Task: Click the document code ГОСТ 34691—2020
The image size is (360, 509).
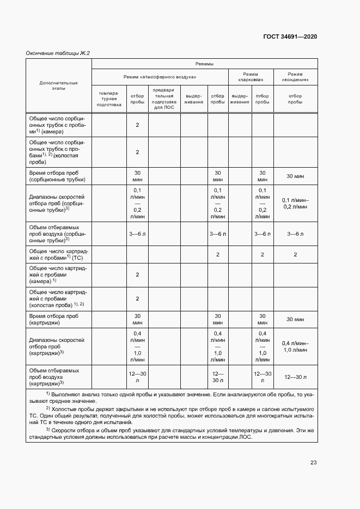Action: coord(289,37)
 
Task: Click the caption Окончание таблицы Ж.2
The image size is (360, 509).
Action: coord(58,53)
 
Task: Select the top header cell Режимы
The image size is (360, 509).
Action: coord(204,64)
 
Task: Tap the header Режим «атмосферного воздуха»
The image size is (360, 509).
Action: coord(160,77)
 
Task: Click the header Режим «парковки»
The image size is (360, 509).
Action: coord(250,77)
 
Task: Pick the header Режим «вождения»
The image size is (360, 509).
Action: coord(295,77)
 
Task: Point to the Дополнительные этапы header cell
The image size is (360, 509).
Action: coord(58,85)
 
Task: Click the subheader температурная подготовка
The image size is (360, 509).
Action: coord(109,99)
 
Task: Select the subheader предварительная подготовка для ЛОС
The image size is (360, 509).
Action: coord(164,99)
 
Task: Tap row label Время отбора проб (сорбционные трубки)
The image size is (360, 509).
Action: coord(58,176)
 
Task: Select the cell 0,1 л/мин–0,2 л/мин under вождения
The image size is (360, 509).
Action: coord(295,204)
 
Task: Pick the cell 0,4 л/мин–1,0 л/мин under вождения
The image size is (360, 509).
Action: coord(295,346)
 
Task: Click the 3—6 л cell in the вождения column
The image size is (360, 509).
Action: coord(295,234)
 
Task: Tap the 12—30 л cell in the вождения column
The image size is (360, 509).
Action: coord(295,377)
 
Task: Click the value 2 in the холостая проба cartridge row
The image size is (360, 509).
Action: coord(137,298)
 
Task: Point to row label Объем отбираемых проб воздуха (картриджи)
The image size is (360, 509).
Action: coord(58,377)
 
